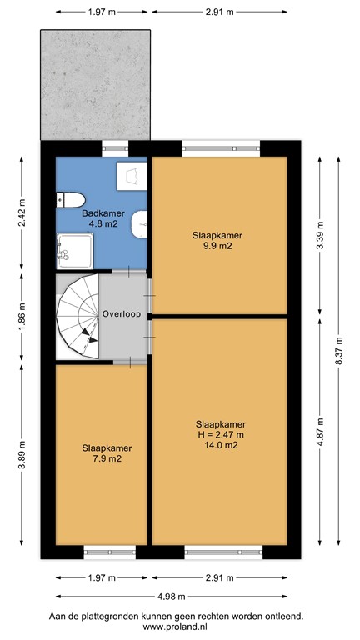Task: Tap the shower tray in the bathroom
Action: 73,249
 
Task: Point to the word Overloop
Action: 122,314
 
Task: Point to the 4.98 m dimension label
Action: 172,596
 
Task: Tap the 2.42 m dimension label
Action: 23,213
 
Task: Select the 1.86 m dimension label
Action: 23,317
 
